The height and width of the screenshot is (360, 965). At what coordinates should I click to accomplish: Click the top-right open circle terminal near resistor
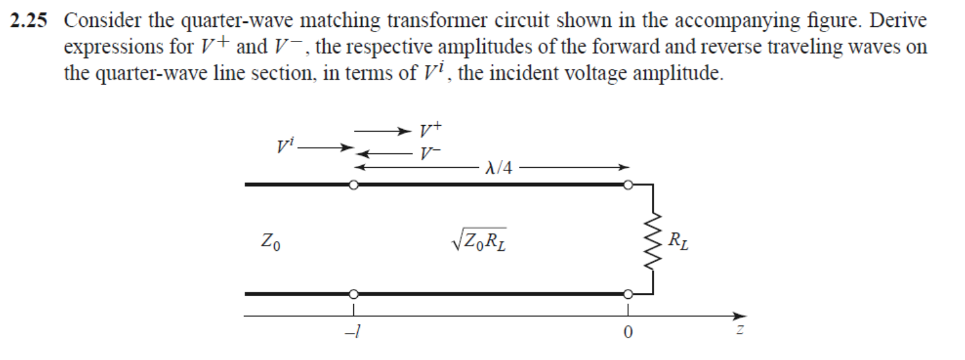pyautogui.click(x=628, y=185)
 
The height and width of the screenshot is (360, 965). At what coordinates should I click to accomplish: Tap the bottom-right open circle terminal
pyautogui.click(x=628, y=294)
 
